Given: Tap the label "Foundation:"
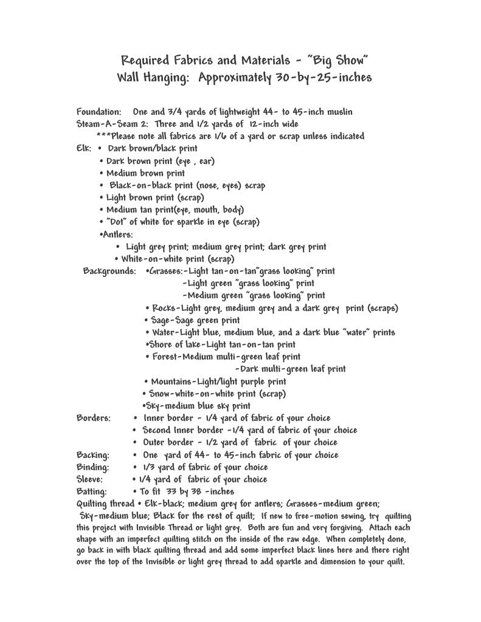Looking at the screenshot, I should (100, 112).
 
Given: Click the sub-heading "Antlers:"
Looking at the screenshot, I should (117, 234).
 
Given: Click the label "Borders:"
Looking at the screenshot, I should (94, 418).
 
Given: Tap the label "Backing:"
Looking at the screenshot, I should (93, 455).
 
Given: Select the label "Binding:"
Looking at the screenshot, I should (93, 467).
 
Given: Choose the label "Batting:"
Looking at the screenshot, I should (92, 491).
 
